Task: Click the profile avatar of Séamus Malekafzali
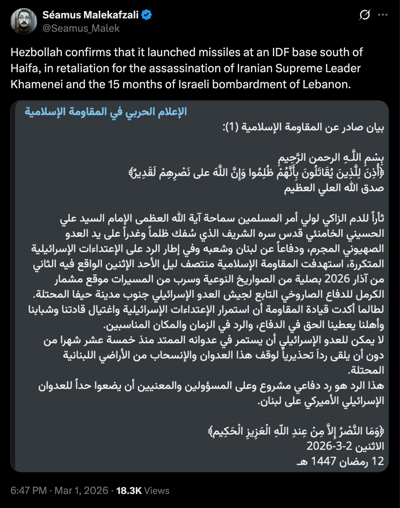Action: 24,21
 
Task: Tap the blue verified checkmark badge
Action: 146,15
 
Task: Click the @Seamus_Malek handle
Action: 81,28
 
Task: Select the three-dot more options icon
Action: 383,15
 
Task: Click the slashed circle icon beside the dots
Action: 365,15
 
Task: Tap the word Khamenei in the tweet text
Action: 36,84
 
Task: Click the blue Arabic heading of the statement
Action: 106,112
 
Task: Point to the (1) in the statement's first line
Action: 231,127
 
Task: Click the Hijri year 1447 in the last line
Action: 323,461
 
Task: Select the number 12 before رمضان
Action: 378,461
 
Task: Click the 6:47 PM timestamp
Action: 28,491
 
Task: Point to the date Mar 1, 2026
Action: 81,491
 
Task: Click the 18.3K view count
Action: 129,491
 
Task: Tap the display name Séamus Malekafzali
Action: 90,15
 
